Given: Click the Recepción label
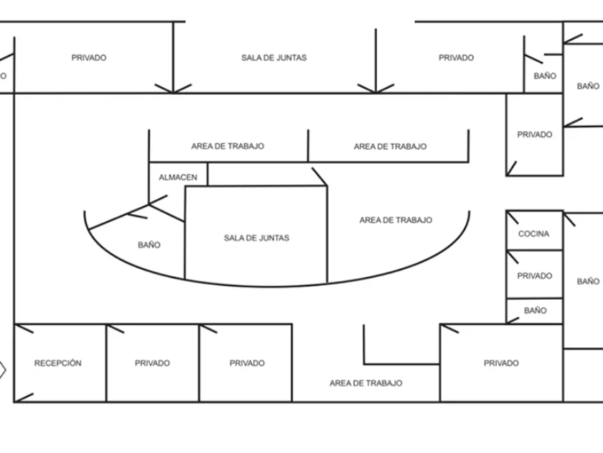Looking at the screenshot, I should tap(58, 363).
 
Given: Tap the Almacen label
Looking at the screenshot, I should tap(178, 177).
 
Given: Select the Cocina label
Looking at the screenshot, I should tap(533, 234).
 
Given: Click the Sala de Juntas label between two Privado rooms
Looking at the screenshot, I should tap(274, 58).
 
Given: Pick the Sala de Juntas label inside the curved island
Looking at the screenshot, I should tap(256, 237).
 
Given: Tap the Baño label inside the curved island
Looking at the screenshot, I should tap(149, 244).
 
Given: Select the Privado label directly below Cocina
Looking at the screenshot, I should tap(535, 275).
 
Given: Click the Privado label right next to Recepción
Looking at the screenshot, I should tap(152, 363).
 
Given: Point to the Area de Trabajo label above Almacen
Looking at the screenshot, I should tap(228, 146).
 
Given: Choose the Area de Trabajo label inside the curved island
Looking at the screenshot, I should tap(396, 220).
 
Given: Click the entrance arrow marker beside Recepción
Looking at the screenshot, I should tap(2, 370).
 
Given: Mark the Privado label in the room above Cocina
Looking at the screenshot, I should tap(535, 134).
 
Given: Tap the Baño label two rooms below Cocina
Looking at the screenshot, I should tap(535, 311).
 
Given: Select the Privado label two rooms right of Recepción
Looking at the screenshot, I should tap(247, 363).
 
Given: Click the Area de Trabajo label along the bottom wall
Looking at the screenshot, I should tap(366, 383).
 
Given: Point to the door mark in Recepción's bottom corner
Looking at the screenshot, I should tap(24, 395).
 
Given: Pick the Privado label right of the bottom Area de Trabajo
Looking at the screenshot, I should tap(501, 363).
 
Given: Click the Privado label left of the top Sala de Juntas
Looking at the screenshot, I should tap(89, 58).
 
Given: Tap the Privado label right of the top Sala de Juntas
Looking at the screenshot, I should tap(457, 58).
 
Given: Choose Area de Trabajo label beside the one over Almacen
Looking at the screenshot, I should tap(390, 146).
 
